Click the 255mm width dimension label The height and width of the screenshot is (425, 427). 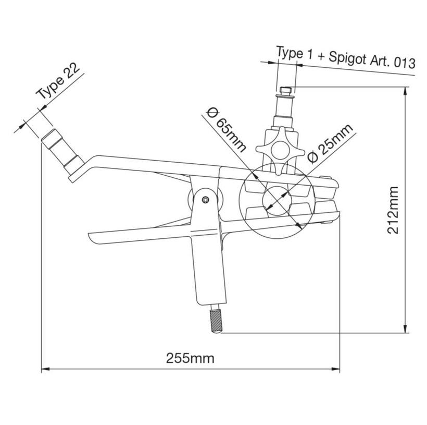click(190, 358)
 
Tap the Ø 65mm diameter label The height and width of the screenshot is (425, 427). click(225, 128)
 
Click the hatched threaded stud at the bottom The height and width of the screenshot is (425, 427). click(216, 319)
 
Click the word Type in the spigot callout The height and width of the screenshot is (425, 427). click(290, 53)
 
